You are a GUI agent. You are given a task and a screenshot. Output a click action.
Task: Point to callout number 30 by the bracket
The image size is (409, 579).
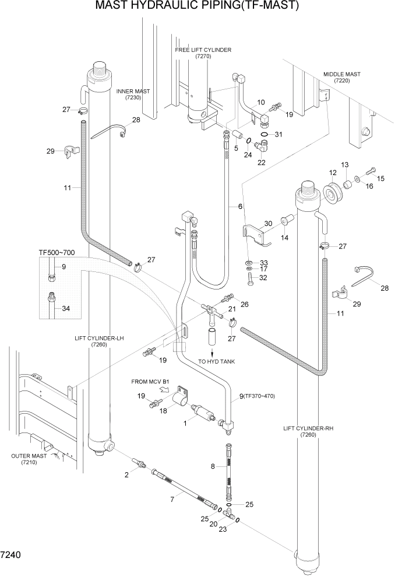(268, 224)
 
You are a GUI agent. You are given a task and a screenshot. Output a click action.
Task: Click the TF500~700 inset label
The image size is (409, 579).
(57, 253)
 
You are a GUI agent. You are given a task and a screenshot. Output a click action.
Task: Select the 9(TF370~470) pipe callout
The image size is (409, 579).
(257, 397)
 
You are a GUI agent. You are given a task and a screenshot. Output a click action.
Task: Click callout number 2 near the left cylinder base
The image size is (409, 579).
(126, 475)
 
